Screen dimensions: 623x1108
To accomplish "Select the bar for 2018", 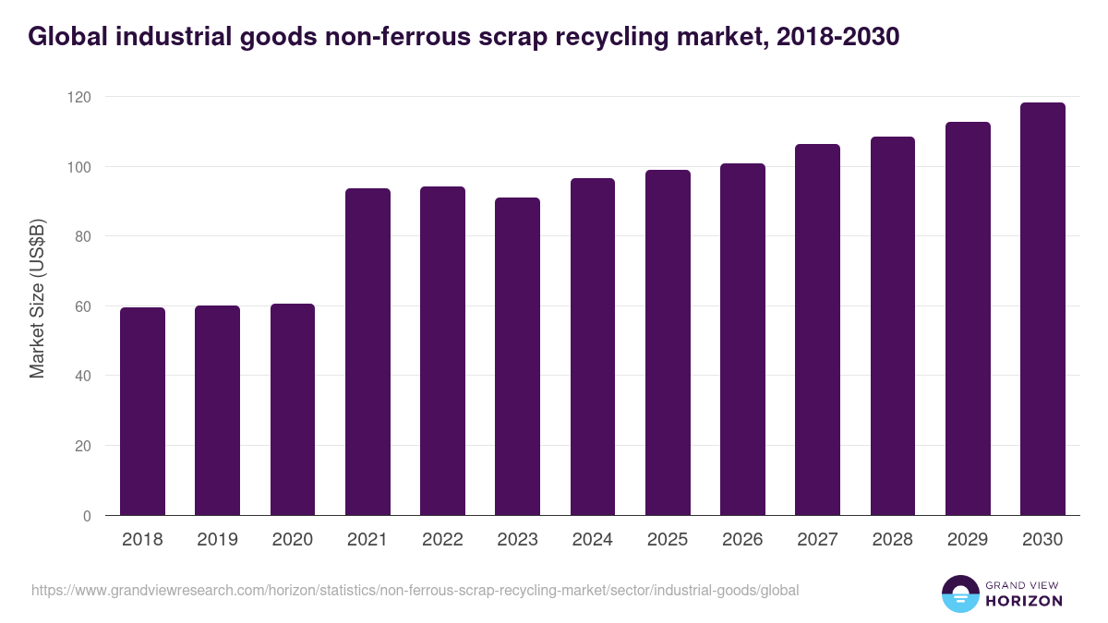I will tap(142, 412).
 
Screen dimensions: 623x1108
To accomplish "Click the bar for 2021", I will tap(367, 352).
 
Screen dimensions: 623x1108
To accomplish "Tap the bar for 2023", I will tap(517, 356).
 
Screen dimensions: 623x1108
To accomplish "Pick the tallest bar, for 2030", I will tap(1042, 309).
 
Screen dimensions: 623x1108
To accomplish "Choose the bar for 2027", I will tap(817, 329).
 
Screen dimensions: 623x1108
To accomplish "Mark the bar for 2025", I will tap(668, 342).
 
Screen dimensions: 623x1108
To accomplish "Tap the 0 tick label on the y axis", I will tap(86, 516).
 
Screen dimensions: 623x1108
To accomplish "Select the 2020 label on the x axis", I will tap(292, 540).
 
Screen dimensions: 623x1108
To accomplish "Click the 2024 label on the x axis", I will tap(592, 540).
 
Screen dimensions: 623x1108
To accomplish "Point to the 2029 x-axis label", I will tap(967, 540).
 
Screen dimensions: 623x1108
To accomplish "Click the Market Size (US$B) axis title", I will tap(37, 297).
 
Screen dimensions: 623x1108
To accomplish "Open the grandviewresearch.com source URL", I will tap(415, 590).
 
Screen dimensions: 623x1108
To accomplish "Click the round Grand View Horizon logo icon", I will tap(960, 593).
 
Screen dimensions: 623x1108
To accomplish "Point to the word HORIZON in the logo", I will tap(1025, 601).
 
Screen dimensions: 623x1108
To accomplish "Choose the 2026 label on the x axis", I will tap(742, 540).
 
